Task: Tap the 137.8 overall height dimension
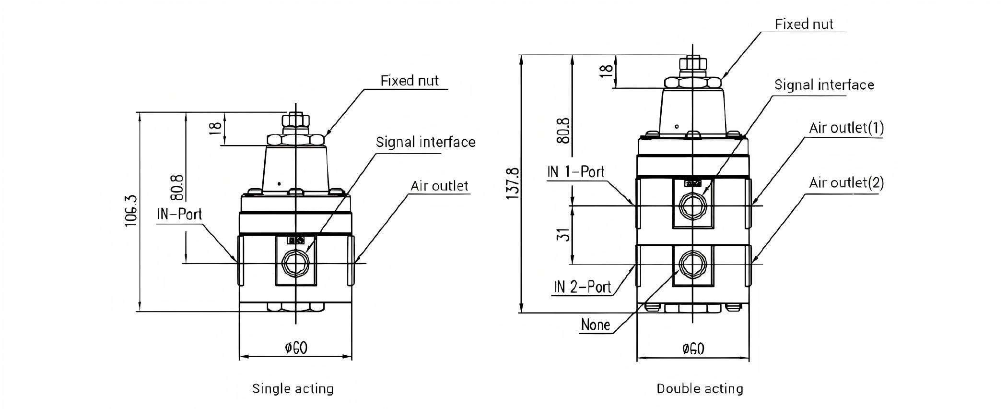coord(513,183)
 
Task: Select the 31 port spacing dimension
coord(565,234)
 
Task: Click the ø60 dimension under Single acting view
coord(296,348)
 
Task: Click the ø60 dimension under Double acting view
coord(693,349)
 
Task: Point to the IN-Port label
coord(179,214)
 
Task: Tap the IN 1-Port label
coord(575,172)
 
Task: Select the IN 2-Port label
coord(583,287)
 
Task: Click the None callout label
coord(595,325)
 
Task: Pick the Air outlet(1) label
coord(846,128)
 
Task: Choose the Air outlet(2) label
coord(846,183)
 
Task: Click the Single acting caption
coord(293,388)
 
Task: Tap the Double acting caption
coord(700,388)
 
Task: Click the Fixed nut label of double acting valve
coord(804,24)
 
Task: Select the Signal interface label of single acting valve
coord(425,143)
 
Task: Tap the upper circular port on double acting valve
coord(691,206)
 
